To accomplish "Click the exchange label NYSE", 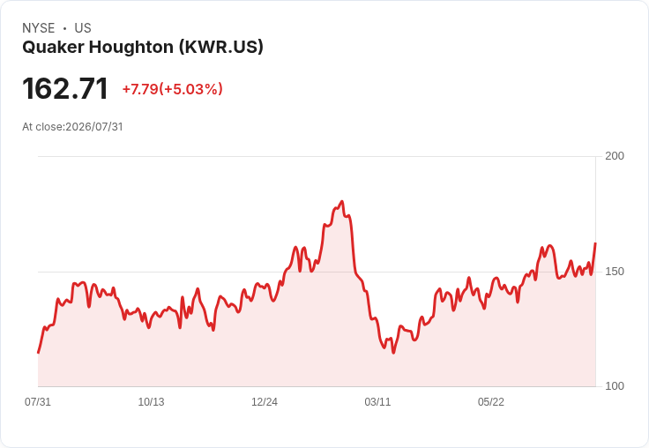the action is coord(39,28).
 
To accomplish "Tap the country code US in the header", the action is coord(83,28).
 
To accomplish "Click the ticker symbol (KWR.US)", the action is coord(221,48).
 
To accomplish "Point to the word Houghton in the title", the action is coord(131,48).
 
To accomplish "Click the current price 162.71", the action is coord(65,88).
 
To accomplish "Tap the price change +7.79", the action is coord(140,89).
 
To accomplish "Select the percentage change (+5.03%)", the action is coord(190,89).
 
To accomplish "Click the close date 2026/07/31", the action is coord(94,127).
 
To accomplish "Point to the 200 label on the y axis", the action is coord(615,156).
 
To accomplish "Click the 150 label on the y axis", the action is coord(615,272).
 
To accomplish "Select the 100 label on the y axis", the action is coord(615,386).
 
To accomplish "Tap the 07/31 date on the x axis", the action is coord(38,402).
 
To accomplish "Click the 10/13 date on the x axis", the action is coord(151,402).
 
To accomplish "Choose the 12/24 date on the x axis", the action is coord(265,402).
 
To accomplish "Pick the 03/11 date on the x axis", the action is coord(377,402).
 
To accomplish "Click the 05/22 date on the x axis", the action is coord(491,402).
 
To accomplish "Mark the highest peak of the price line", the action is coord(342,202).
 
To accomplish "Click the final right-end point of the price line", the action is coord(595,243).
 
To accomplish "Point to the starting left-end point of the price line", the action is coord(38,353).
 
